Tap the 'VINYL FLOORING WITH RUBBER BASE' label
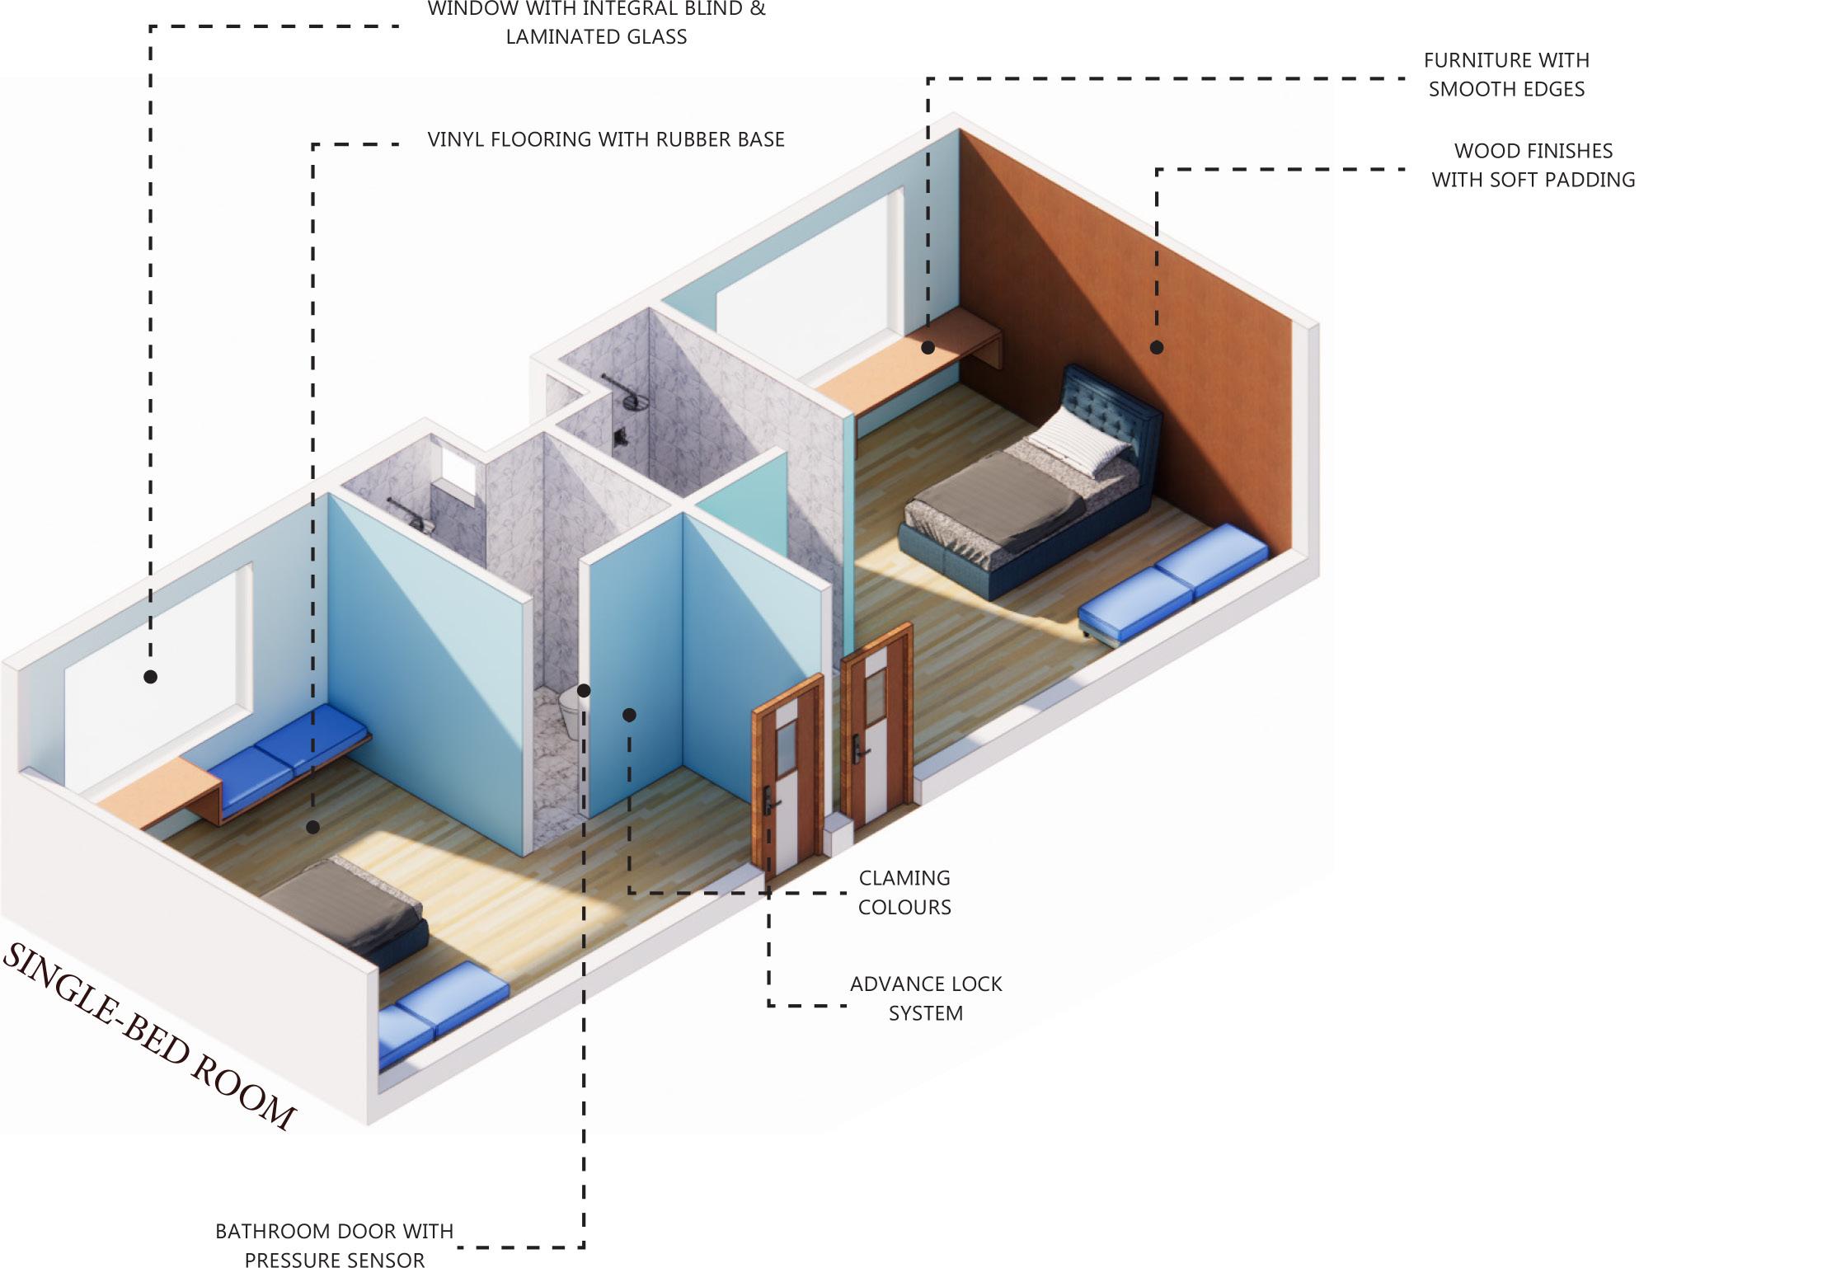click(605, 139)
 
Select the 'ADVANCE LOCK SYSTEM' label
click(925, 998)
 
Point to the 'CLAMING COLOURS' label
click(904, 893)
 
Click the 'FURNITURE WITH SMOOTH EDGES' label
click(1506, 74)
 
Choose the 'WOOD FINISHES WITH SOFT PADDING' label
click(1533, 165)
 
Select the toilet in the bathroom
click(570, 711)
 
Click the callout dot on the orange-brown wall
click(1157, 348)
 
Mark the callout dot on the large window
click(150, 677)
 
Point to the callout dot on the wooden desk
click(928, 348)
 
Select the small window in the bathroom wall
click(454, 472)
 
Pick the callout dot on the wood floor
click(312, 827)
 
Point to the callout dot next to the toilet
click(584, 690)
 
